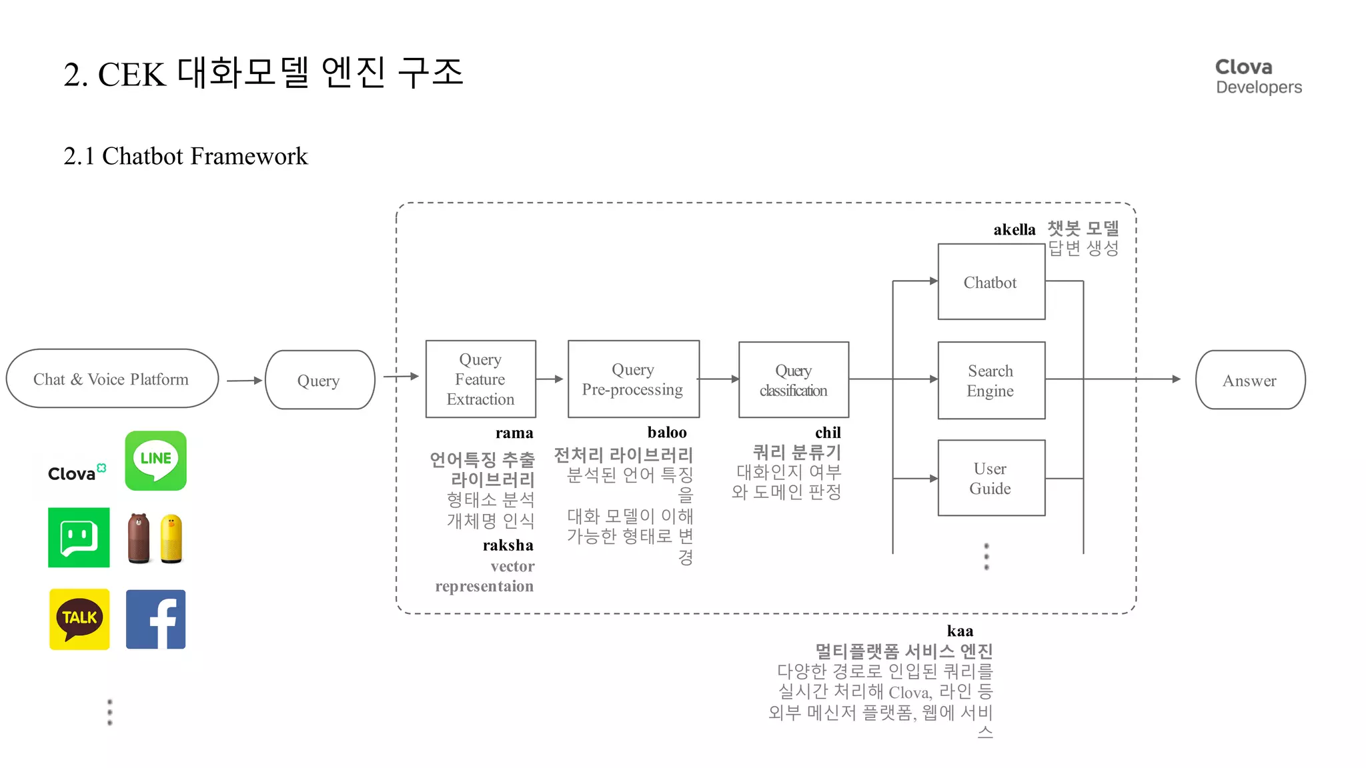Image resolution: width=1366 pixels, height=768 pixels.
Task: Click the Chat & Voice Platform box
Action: point(112,379)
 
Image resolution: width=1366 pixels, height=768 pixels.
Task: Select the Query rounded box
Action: point(319,380)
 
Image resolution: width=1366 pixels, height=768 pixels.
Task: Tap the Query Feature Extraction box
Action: point(480,379)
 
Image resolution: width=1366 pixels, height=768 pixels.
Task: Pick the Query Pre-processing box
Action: point(633,379)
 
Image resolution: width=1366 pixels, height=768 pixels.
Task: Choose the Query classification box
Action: point(793,379)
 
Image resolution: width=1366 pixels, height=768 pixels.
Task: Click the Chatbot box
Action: point(990,282)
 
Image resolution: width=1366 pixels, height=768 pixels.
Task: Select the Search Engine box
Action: point(990,380)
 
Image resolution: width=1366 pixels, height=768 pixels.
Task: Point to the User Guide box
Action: point(990,478)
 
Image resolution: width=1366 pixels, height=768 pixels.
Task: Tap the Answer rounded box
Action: point(1249,380)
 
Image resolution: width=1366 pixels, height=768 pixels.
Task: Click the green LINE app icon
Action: point(155,461)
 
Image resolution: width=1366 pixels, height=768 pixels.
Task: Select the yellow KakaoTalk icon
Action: point(79,619)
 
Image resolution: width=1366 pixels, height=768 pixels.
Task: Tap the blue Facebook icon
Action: point(155,619)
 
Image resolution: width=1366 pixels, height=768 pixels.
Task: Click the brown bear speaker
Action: point(139,538)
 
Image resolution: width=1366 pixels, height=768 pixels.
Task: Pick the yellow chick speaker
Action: point(171,538)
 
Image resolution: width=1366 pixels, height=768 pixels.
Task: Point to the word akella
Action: point(1014,230)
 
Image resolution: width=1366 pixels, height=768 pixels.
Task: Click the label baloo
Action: point(666,433)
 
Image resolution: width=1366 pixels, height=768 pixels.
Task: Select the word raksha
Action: point(508,545)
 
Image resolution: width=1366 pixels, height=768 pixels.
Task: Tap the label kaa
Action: point(960,631)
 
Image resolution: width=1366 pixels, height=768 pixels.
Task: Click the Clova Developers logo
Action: point(1258,77)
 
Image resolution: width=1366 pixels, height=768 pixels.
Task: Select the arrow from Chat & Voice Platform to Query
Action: point(243,381)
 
